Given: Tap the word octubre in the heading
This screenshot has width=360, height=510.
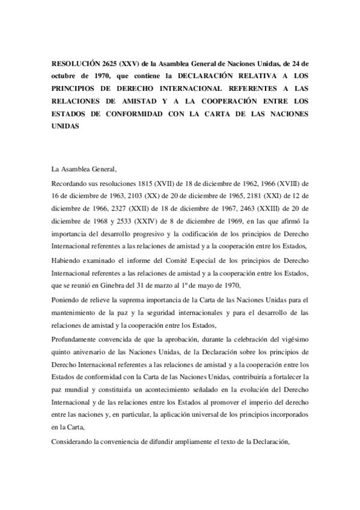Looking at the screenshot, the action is (x=65, y=76).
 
